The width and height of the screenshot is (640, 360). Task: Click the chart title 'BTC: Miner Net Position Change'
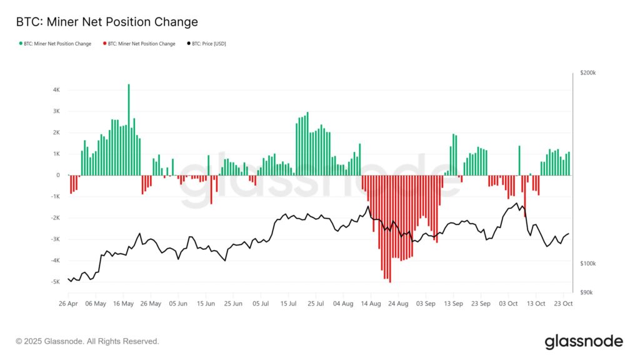[107, 22]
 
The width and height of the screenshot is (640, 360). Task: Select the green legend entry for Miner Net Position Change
[57, 44]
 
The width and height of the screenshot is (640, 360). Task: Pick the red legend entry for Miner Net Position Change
[141, 44]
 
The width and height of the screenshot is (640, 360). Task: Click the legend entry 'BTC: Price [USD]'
[206, 44]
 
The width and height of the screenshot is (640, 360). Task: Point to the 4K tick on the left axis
[56, 90]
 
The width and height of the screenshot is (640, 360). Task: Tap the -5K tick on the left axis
[56, 282]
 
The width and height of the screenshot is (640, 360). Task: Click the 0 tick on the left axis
[58, 175]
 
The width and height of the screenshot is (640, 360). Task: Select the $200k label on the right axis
[588, 73]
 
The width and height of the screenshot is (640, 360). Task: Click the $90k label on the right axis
[587, 292]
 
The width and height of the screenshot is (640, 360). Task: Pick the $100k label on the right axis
[588, 264]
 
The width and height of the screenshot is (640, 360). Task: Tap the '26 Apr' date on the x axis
[68, 304]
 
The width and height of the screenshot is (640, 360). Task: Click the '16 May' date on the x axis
[123, 304]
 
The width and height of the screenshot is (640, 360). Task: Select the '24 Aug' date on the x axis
[398, 304]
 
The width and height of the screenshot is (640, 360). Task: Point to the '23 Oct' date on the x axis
[563, 304]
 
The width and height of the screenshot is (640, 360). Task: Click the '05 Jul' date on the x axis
[261, 304]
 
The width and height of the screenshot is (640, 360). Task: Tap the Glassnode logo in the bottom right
[584, 341]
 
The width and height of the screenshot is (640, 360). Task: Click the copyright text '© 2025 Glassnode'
[87, 341]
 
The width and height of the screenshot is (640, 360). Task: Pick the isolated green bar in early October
[519, 161]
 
